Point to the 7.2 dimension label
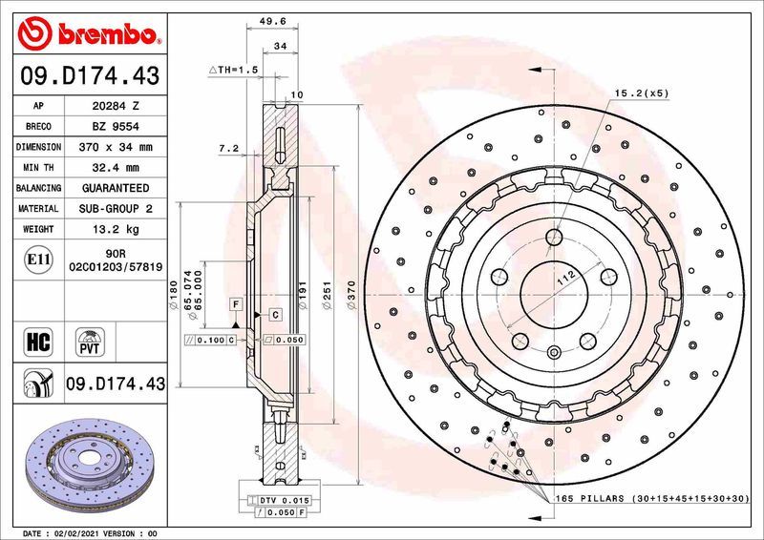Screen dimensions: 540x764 tap(227, 149)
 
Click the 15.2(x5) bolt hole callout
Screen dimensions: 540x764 tap(640, 93)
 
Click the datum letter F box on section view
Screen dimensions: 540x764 tap(232, 303)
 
